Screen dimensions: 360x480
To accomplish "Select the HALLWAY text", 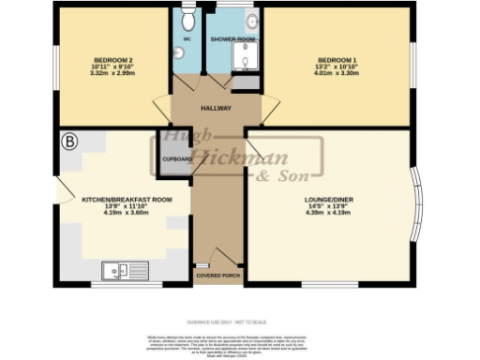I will coord(216,108).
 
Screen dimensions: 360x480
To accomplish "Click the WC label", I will coord(187,40).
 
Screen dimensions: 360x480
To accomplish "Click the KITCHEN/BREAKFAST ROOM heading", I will coord(127,199).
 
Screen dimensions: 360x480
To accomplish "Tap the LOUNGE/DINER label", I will coord(328,200).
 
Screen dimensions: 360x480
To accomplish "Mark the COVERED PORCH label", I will coord(217,277).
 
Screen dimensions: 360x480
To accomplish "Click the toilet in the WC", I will coord(187,19).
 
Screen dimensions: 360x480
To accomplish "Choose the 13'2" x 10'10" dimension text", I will coord(337,67).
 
